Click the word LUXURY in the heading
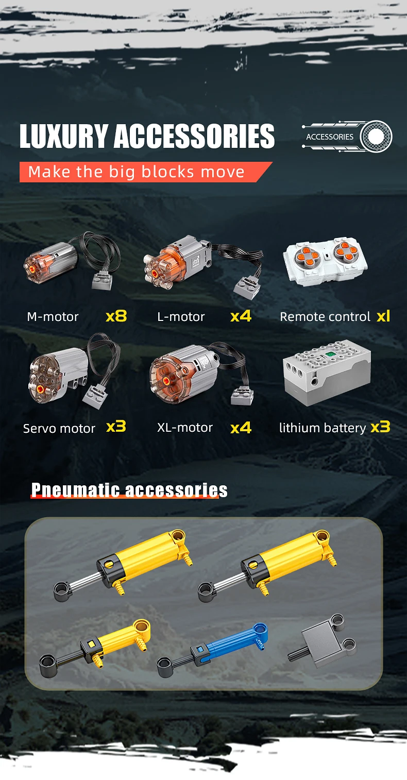(64, 136)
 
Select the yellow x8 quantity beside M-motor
(116, 316)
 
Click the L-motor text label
(181, 316)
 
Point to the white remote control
(325, 261)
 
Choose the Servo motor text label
(59, 428)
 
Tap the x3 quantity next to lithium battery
(381, 427)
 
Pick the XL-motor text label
(184, 428)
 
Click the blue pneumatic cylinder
(213, 650)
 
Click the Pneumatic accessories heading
(129, 490)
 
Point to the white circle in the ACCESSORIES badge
(376, 137)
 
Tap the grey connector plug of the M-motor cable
(102, 281)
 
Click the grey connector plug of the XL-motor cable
(242, 396)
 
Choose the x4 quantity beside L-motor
(241, 316)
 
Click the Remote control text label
(325, 316)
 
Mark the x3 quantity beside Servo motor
(116, 427)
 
